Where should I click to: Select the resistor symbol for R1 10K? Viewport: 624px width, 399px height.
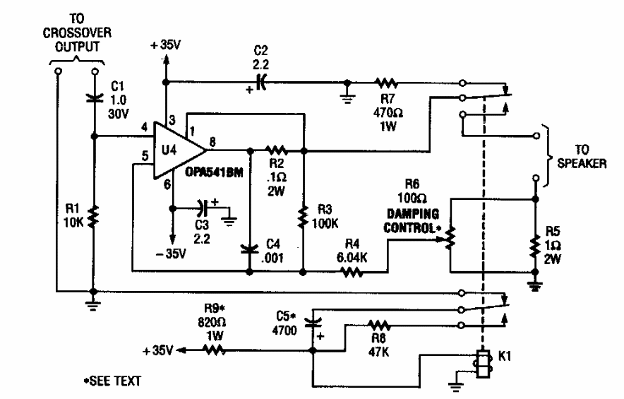point(94,214)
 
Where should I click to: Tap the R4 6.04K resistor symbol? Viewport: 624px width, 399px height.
point(352,270)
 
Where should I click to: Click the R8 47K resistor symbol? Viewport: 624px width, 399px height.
point(379,326)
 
